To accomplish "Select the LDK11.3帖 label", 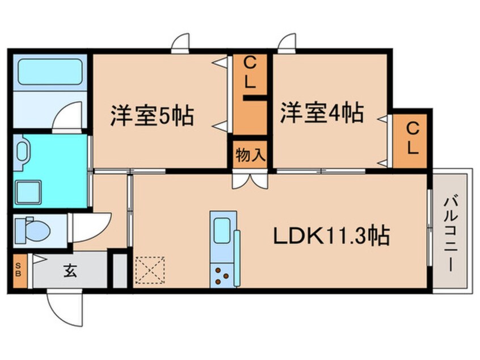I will pos(332,235).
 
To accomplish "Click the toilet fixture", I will pos(31,230).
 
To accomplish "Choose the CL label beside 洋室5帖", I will pos(250,73).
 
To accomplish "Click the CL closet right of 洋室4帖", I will pos(411,139).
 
